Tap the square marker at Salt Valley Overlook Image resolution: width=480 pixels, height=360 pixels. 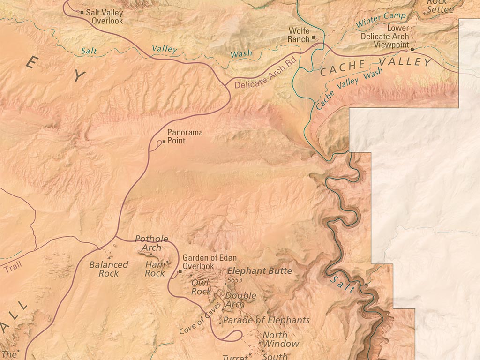tap(82, 12)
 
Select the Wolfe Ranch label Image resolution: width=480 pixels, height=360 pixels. tap(299, 35)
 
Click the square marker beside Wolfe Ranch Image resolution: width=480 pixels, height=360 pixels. tap(314, 38)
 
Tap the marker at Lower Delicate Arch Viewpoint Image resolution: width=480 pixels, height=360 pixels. tap(412, 49)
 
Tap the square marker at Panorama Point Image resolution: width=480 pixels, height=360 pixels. tap(164, 141)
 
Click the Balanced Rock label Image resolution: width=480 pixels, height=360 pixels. tap(109, 269)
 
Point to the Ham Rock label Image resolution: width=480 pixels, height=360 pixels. tap(155, 269)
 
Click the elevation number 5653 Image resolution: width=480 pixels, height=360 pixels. tap(234, 280)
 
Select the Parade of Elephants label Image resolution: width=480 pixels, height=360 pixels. tap(266, 320)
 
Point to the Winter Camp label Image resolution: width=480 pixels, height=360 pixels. tap(381, 19)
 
